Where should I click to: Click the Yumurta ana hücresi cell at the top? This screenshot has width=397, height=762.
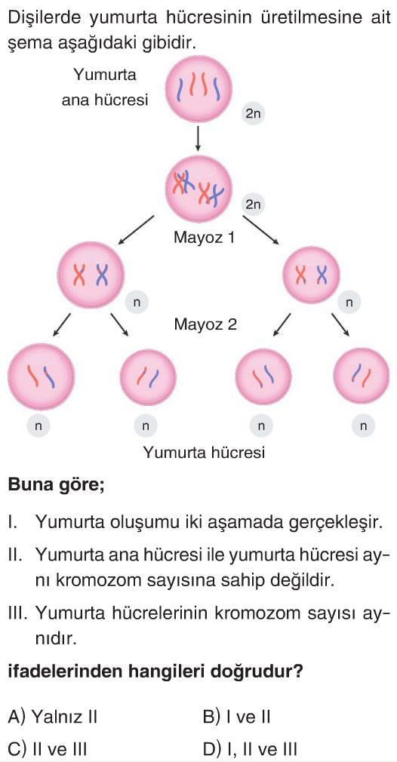(198, 91)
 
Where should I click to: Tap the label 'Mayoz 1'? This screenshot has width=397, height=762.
(205, 238)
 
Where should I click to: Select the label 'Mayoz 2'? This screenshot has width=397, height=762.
(205, 324)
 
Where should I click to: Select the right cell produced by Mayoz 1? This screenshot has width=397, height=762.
(312, 275)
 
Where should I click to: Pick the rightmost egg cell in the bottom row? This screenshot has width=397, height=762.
(362, 376)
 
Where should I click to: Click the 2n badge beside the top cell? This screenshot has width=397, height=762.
(253, 114)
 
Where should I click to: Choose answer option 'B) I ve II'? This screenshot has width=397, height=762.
(237, 716)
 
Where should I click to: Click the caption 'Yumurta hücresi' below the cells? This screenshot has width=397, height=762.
(204, 453)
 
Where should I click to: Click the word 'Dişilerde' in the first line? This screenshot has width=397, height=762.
(46, 19)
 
